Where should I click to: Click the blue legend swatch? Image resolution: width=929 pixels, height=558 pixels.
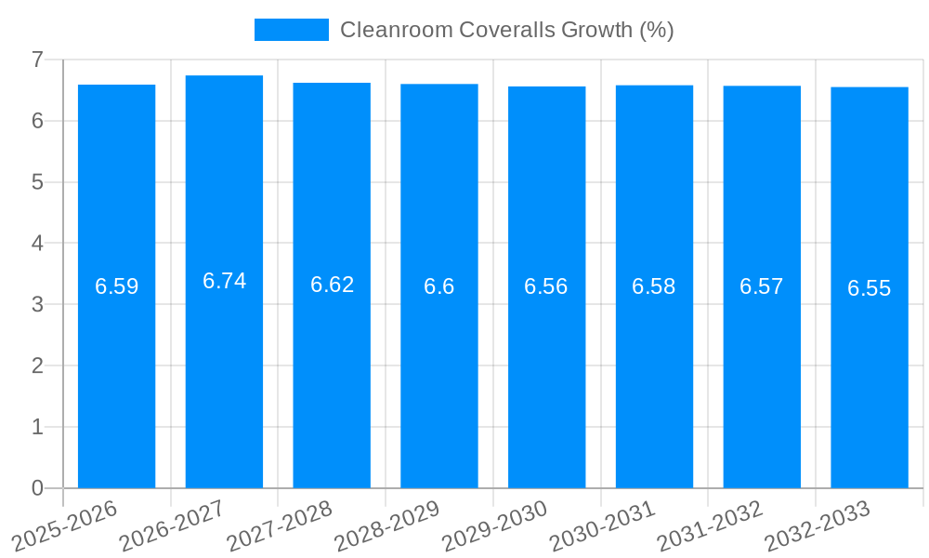291,30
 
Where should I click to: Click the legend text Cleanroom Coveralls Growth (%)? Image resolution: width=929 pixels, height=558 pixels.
506,30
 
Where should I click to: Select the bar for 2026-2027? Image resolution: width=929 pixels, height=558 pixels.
224,372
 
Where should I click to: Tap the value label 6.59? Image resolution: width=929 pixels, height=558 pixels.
116,286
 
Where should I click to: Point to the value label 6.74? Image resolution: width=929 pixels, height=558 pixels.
224,281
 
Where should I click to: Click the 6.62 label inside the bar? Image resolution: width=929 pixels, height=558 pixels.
332,285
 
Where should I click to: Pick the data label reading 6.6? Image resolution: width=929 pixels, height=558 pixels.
438,286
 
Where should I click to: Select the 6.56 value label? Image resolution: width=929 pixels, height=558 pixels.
546,286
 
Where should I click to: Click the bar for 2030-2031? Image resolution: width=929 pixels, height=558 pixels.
654,372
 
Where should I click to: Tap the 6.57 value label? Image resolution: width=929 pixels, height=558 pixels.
761,286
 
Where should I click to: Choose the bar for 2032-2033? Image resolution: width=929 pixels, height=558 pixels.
869,372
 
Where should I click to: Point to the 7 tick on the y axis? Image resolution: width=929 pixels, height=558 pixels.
37,60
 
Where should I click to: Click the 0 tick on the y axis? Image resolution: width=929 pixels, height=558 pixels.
37,488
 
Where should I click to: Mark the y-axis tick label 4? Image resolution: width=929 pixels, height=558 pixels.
37,244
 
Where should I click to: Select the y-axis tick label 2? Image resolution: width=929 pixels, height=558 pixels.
37,365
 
